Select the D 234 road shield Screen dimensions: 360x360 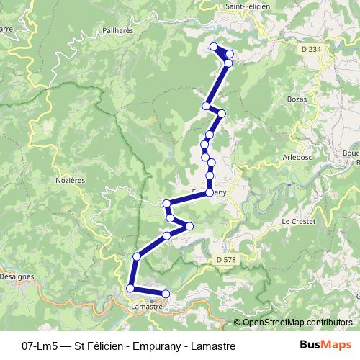[x=310, y=48]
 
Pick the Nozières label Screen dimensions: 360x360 [x=71, y=181]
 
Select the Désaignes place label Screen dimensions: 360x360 [x=16, y=276]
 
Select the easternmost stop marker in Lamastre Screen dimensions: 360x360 [x=166, y=294]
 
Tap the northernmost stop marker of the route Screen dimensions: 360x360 [x=213, y=47]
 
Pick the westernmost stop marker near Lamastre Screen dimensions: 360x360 [x=130, y=289]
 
